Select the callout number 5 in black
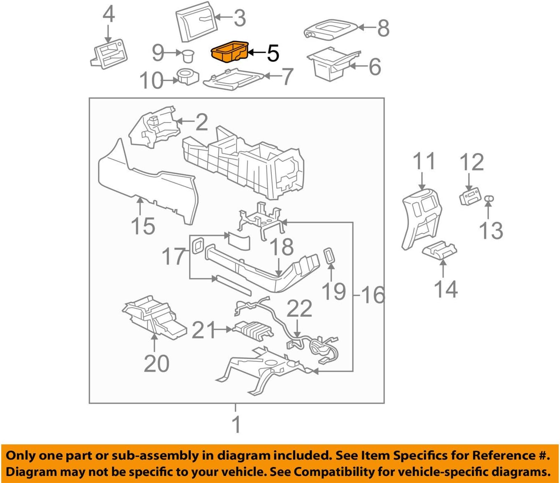pos(273,53)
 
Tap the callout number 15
pos(143,226)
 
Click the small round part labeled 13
pos(488,199)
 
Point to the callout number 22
pos(299,308)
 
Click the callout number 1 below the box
pos(236,424)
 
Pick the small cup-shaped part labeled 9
pos(188,54)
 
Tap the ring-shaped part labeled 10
pos(188,77)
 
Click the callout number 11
pos(423,161)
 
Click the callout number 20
pos(156,364)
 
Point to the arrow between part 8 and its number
pos(366,28)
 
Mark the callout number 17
pos(174,256)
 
